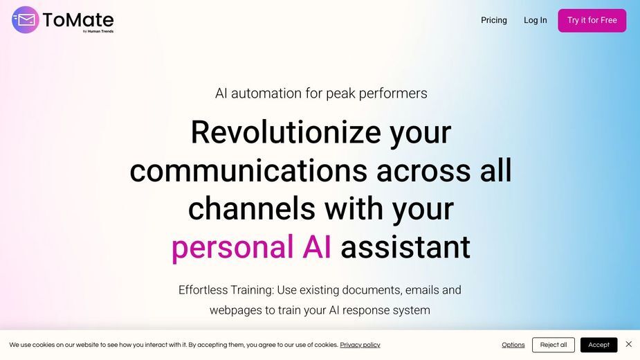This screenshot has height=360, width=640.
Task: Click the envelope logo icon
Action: (26, 19)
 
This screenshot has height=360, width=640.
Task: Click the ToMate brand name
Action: (78, 19)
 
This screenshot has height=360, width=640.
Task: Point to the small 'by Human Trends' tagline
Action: (98, 31)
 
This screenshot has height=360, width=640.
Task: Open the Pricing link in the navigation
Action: (494, 20)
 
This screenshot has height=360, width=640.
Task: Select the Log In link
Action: (535, 20)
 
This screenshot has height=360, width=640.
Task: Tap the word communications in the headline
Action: (248, 170)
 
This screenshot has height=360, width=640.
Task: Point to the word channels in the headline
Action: (251, 208)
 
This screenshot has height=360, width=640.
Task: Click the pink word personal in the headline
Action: (232, 247)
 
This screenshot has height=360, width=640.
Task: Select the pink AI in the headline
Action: (317, 247)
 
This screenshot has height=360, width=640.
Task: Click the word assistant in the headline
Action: (405, 247)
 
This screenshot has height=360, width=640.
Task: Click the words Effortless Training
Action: (226, 289)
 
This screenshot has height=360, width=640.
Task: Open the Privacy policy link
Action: (360, 345)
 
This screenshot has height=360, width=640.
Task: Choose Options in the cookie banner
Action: (513, 345)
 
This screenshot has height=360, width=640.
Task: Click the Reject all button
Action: (554, 345)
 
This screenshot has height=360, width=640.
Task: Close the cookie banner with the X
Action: (628, 344)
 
